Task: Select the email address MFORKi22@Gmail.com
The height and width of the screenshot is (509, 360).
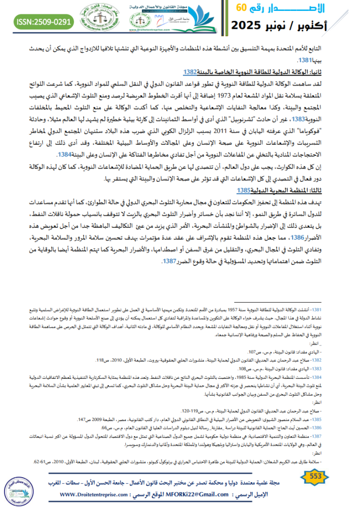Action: (191, 495)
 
